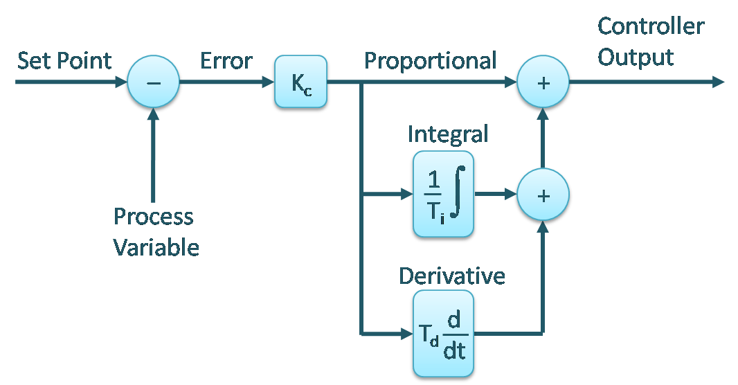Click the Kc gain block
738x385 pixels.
[300, 82]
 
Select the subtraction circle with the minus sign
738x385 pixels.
[153, 82]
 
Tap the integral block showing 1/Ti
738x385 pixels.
[443, 195]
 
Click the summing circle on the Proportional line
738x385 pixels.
[543, 82]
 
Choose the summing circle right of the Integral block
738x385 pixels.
[543, 195]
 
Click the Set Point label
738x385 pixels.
[64, 60]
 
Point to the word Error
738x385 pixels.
[226, 60]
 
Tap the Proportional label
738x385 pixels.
[430, 60]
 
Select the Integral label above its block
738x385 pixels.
[447, 133]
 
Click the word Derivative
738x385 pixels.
[451, 276]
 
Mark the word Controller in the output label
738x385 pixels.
[650, 27]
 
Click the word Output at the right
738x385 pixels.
[636, 57]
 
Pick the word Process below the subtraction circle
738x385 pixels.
[153, 217]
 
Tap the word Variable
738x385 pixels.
[156, 247]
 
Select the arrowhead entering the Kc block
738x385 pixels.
[267, 82]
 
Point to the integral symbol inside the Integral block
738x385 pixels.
[458, 192]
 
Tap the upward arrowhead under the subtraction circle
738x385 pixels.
[153, 114]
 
